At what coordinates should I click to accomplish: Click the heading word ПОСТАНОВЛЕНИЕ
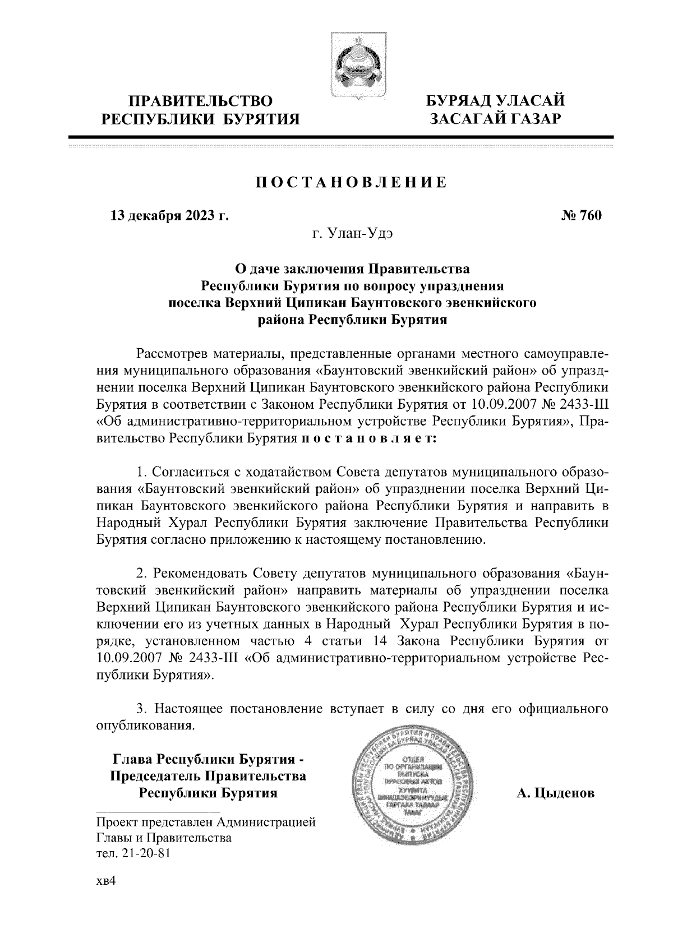[x=351, y=183]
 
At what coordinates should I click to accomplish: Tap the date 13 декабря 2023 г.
[x=170, y=215]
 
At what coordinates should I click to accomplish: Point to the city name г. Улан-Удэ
[x=352, y=233]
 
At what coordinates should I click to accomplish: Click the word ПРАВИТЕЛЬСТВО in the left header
[x=201, y=101]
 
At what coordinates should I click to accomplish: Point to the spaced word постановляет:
[x=369, y=438]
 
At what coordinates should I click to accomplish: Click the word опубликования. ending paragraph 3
[x=146, y=726]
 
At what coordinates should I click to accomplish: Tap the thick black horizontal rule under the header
[x=341, y=137]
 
